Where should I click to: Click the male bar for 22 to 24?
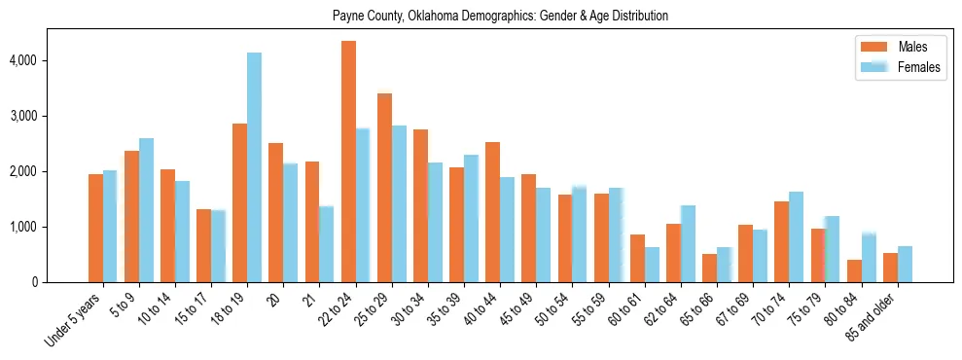(348, 162)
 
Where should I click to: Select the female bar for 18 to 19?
(254, 167)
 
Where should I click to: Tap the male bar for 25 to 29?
(384, 188)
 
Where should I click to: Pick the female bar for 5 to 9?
(146, 210)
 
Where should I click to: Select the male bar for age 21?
(312, 222)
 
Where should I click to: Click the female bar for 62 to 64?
(688, 244)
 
